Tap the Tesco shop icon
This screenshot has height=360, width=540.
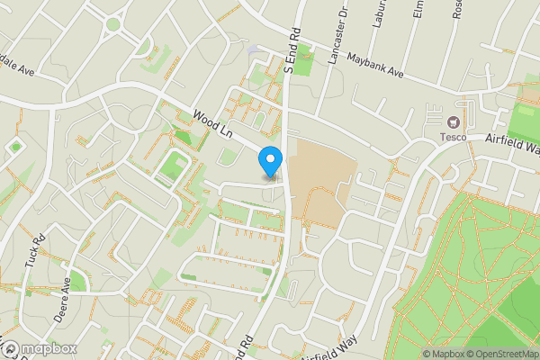(x=453, y=121)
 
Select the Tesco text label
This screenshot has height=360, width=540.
(x=452, y=137)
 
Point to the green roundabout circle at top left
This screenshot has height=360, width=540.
(x=112, y=24)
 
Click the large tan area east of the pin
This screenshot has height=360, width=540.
(x=319, y=180)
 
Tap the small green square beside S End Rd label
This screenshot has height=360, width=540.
(x=304, y=63)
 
